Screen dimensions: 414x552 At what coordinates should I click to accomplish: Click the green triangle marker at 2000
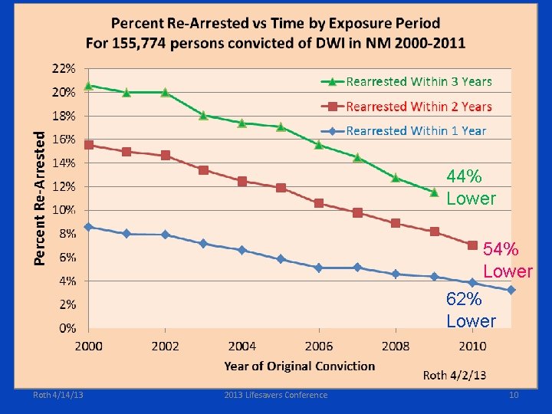tap(88, 86)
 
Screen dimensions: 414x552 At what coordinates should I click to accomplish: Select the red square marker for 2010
tap(472, 245)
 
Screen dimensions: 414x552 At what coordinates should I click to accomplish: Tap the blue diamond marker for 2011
tap(511, 290)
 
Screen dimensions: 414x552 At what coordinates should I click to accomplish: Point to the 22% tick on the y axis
tap(64, 68)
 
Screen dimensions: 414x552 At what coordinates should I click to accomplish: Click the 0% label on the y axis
tap(67, 328)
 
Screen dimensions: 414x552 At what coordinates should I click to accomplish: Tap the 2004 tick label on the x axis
tap(242, 347)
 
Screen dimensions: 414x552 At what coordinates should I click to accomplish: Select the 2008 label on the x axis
tap(396, 347)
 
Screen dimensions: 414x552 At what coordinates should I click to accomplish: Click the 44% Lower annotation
tap(471, 188)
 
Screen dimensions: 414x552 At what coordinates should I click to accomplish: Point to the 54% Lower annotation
tap(507, 260)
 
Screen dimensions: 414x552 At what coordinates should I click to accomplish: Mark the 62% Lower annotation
tap(471, 310)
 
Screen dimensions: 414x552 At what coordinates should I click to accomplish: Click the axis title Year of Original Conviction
tap(300, 366)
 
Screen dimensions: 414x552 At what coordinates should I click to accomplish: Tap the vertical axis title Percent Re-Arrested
tap(41, 196)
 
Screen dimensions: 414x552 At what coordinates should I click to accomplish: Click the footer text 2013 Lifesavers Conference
tap(275, 396)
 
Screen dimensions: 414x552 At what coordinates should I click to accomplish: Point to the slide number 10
tap(514, 396)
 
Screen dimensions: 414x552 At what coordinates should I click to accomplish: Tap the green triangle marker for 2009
tap(434, 192)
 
